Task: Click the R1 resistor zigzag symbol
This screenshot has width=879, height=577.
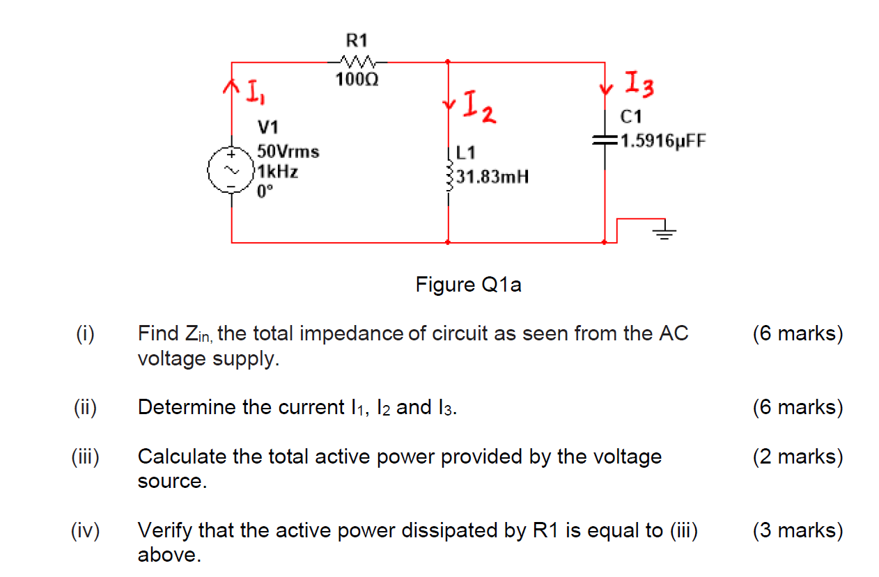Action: click(357, 61)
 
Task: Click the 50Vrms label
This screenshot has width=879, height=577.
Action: click(288, 151)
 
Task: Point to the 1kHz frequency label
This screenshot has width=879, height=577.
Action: click(278, 172)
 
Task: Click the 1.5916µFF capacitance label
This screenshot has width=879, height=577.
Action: click(662, 141)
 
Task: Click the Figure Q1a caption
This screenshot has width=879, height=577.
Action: click(468, 285)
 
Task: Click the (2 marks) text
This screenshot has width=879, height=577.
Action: click(798, 457)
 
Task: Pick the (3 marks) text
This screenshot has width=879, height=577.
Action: click(798, 531)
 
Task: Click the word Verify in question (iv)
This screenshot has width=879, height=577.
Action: click(166, 531)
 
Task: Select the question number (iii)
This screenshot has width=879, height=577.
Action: click(86, 457)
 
